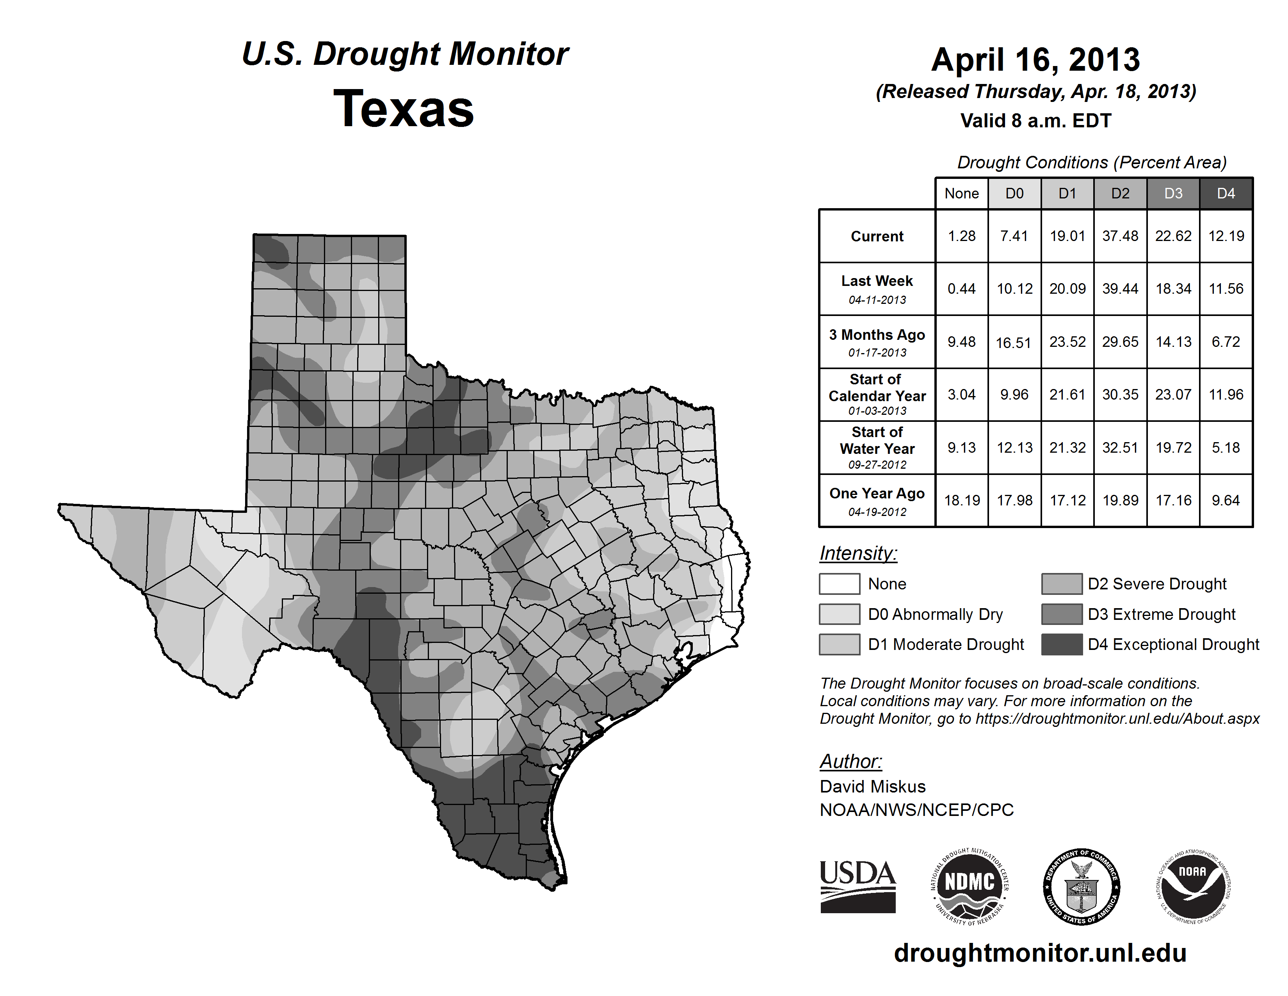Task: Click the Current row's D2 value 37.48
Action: coord(1120,236)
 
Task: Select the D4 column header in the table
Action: coord(1226,193)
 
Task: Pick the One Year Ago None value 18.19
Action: coord(962,500)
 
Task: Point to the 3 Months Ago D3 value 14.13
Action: coord(1173,342)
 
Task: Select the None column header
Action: coord(961,193)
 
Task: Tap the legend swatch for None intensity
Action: coord(839,584)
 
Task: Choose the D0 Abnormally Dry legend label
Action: coord(935,614)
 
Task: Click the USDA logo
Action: coord(857,886)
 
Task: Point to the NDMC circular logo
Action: coord(970,886)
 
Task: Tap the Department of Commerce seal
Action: coord(1081,886)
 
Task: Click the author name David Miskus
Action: coord(872,787)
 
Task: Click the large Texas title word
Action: coord(404,109)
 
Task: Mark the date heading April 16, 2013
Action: coord(1035,60)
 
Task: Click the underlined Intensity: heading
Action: coord(858,553)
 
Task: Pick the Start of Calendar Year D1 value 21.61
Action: coord(1067,394)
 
